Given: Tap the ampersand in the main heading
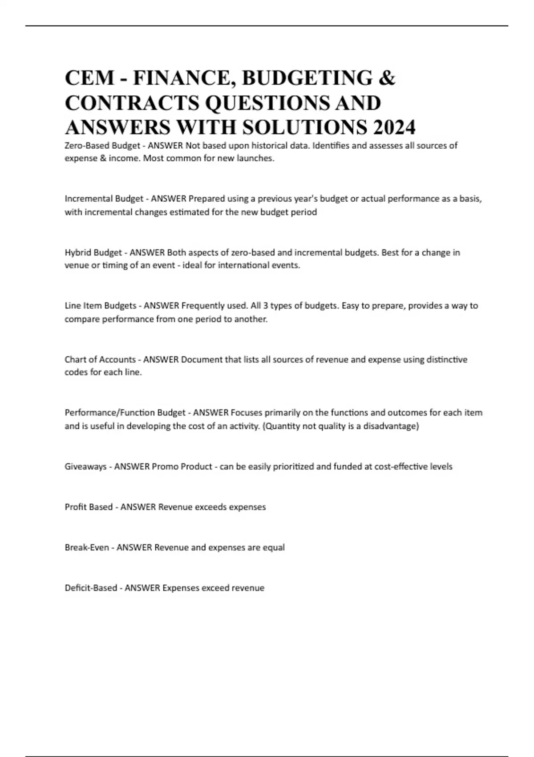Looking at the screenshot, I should pos(387,77).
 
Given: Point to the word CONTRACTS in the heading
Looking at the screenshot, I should pos(132,102).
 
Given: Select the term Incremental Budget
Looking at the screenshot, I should pos(104,199).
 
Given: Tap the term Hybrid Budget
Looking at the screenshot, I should pos(93,252).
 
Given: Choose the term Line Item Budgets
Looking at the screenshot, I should pos(101,306).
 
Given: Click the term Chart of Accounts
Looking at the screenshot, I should pos(100,359).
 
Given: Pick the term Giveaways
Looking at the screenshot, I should pos(85,467).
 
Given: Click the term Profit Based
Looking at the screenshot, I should pos(89,507).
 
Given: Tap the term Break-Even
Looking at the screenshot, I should pos(87,547).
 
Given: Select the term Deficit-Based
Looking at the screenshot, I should pos(91,588).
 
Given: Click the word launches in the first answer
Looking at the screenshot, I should pos(256,159).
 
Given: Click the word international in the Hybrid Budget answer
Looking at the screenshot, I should pos(243,265).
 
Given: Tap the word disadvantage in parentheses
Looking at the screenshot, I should pos(390,426).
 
